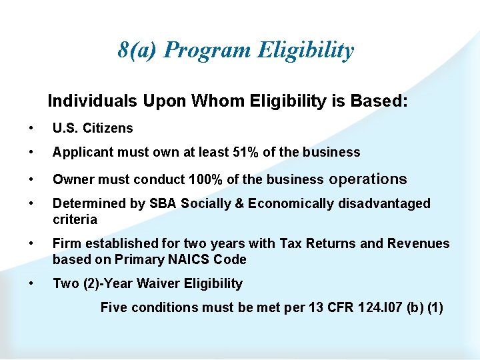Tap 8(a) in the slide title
(x=138, y=50)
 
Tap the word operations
(x=368, y=179)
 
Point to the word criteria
(x=75, y=219)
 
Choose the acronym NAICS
(x=188, y=259)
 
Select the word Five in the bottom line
(x=114, y=307)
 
